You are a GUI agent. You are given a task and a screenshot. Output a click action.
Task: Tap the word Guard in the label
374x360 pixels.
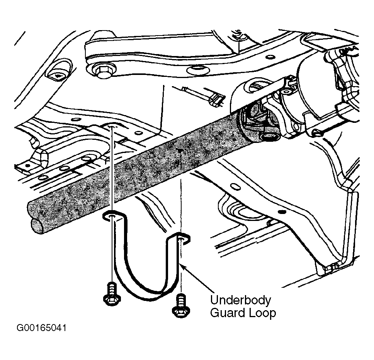click(228, 313)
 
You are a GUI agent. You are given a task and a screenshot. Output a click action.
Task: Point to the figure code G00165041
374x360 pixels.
click(41, 328)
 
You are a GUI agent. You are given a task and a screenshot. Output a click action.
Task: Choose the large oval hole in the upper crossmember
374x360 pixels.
click(198, 70)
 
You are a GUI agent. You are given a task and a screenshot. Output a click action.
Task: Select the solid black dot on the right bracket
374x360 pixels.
click(282, 212)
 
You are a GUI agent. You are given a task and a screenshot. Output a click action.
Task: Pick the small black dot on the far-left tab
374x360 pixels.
click(28, 165)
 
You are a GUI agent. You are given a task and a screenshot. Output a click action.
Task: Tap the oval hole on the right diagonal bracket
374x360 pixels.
click(236, 187)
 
